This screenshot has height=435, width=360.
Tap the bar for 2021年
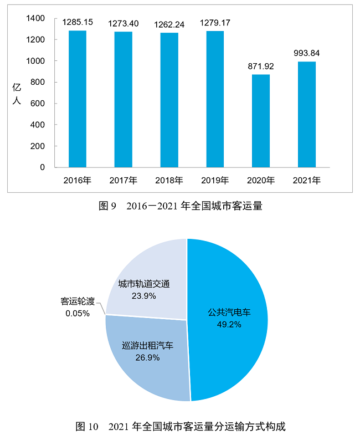(306, 114)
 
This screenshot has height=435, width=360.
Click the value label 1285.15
(78, 23)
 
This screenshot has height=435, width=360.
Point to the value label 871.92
(261, 67)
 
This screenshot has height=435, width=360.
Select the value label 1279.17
(215, 23)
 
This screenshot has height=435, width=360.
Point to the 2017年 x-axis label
(124, 181)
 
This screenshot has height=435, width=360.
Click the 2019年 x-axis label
(215, 181)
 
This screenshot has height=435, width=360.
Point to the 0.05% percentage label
(77, 313)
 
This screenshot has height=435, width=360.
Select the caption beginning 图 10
(180, 427)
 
